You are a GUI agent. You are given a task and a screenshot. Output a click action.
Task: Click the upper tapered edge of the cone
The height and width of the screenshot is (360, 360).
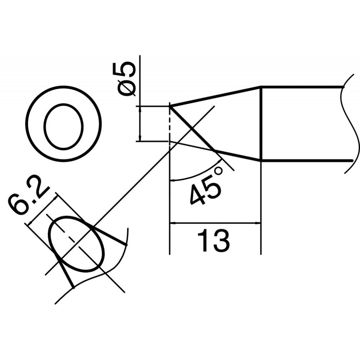(x=214, y=96)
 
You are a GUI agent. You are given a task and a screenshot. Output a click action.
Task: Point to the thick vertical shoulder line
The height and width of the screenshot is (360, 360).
(x=261, y=123)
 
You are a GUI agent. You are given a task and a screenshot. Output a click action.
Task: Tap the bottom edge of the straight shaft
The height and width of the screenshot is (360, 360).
(x=306, y=161)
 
